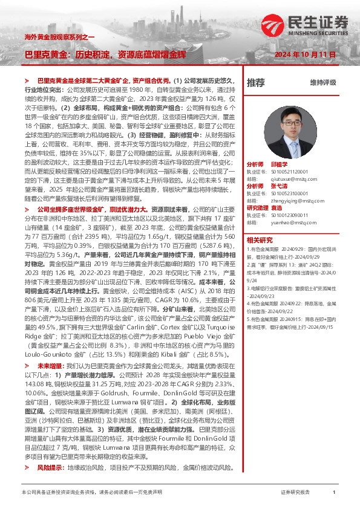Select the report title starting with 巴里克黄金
click(105, 54)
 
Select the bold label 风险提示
click(50, 467)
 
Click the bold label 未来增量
click(50, 366)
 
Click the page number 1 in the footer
click(334, 493)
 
